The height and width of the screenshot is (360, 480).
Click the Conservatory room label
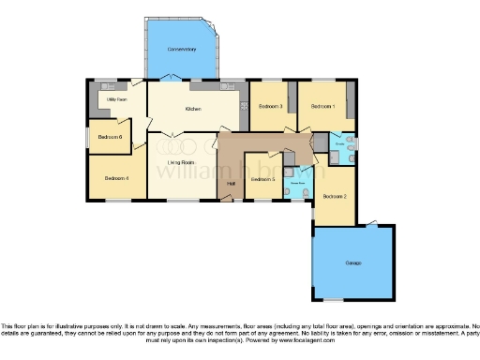tap(181, 49)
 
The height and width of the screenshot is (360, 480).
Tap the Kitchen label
tap(194, 110)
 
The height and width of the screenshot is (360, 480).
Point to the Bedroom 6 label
tap(110, 138)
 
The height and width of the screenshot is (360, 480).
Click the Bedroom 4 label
tap(116, 178)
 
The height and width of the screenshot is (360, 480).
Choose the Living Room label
tap(180, 163)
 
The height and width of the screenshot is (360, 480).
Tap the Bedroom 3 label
tap(271, 106)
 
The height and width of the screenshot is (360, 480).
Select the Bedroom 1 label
tap(323, 106)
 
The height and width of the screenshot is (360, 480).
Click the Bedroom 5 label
tap(262, 179)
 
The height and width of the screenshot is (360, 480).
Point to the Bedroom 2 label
tap(335, 197)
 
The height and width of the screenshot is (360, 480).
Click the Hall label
tap(230, 184)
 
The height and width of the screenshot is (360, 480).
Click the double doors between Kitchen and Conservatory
tap(180, 80)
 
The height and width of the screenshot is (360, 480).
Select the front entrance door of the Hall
tap(230, 199)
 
